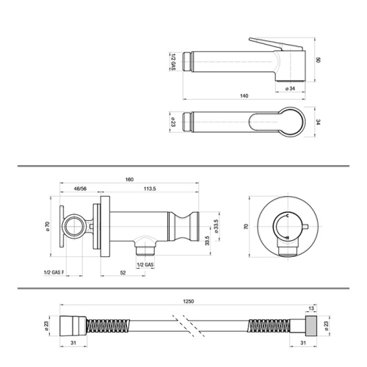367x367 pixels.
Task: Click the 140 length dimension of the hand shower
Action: point(243,96)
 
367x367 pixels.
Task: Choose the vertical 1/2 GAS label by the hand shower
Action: point(173,62)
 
